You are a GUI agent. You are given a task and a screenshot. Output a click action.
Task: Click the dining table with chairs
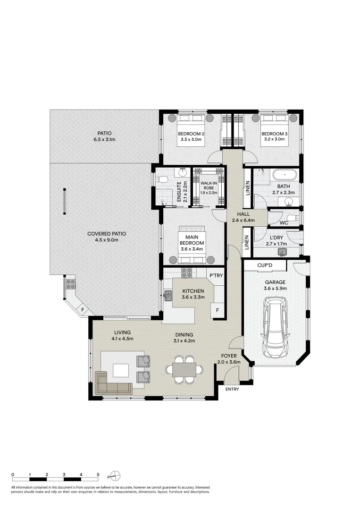[x=184, y=369]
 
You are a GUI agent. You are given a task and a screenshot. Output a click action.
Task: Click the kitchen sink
[x=168, y=296]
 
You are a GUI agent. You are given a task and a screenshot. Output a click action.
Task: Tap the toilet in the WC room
[x=293, y=218]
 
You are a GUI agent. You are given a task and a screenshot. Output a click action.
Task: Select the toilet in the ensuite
[x=161, y=179]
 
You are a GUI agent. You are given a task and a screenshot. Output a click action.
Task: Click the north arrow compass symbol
[x=116, y=475]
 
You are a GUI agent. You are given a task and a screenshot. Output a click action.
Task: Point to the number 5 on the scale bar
[x=98, y=474]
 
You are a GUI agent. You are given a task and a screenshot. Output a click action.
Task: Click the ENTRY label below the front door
[x=232, y=390]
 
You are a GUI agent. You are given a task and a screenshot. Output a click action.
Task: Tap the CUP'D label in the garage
[x=265, y=266]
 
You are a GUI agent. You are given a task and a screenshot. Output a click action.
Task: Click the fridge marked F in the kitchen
[x=217, y=310]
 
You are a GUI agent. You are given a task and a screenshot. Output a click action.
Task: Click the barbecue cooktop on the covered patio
[x=71, y=284]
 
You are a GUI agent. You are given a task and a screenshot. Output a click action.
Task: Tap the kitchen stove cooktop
[x=187, y=272]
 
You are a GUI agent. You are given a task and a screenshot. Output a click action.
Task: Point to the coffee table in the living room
[x=120, y=371]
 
